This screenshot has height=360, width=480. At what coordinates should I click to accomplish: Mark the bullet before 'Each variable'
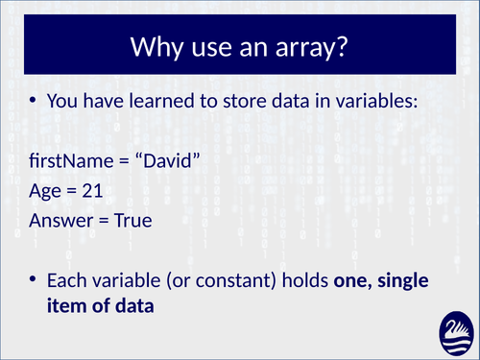[x=35, y=277]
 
